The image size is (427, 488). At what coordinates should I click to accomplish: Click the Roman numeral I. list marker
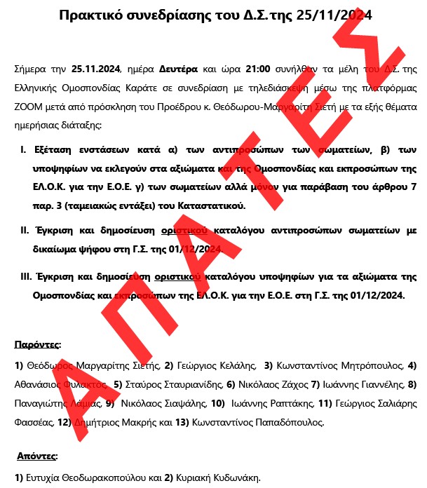pyautogui.click(x=23, y=150)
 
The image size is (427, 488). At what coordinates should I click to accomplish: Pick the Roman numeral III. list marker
pyautogui.click(x=26, y=277)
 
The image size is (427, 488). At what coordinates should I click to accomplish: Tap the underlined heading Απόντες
pyautogui.click(x=37, y=456)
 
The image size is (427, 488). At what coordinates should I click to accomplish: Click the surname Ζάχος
pyautogui.click(x=292, y=384)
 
